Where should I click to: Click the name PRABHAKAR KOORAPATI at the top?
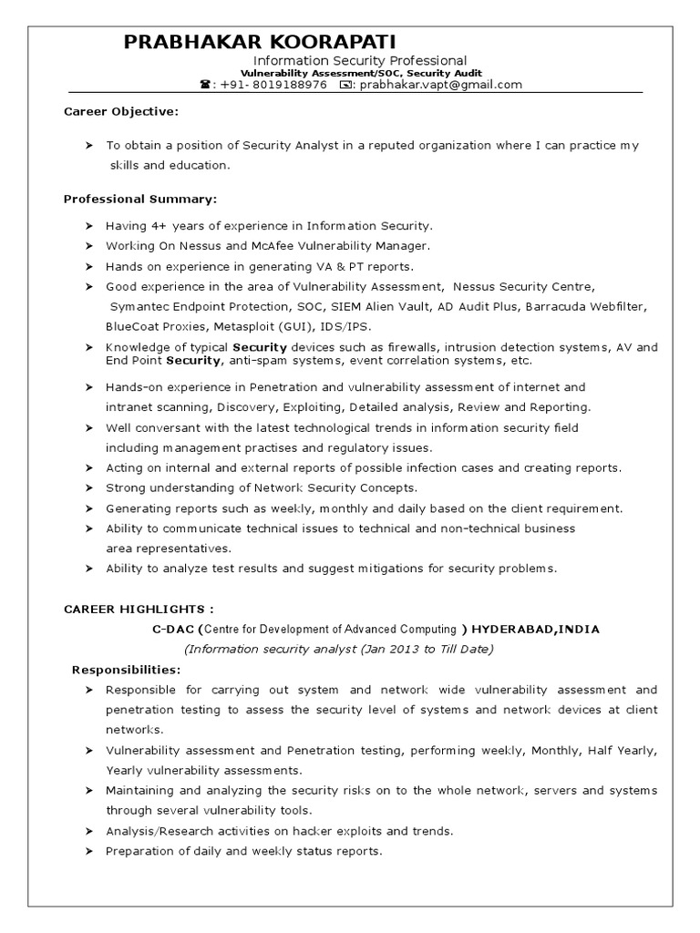[261, 42]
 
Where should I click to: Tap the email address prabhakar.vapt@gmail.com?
[441, 85]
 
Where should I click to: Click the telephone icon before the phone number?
[204, 85]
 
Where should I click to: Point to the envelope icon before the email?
[345, 85]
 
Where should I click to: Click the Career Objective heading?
[120, 111]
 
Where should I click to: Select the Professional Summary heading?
[139, 199]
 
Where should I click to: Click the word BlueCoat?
[133, 326]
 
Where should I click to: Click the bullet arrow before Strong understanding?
[88, 487]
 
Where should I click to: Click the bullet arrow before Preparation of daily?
[88, 851]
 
